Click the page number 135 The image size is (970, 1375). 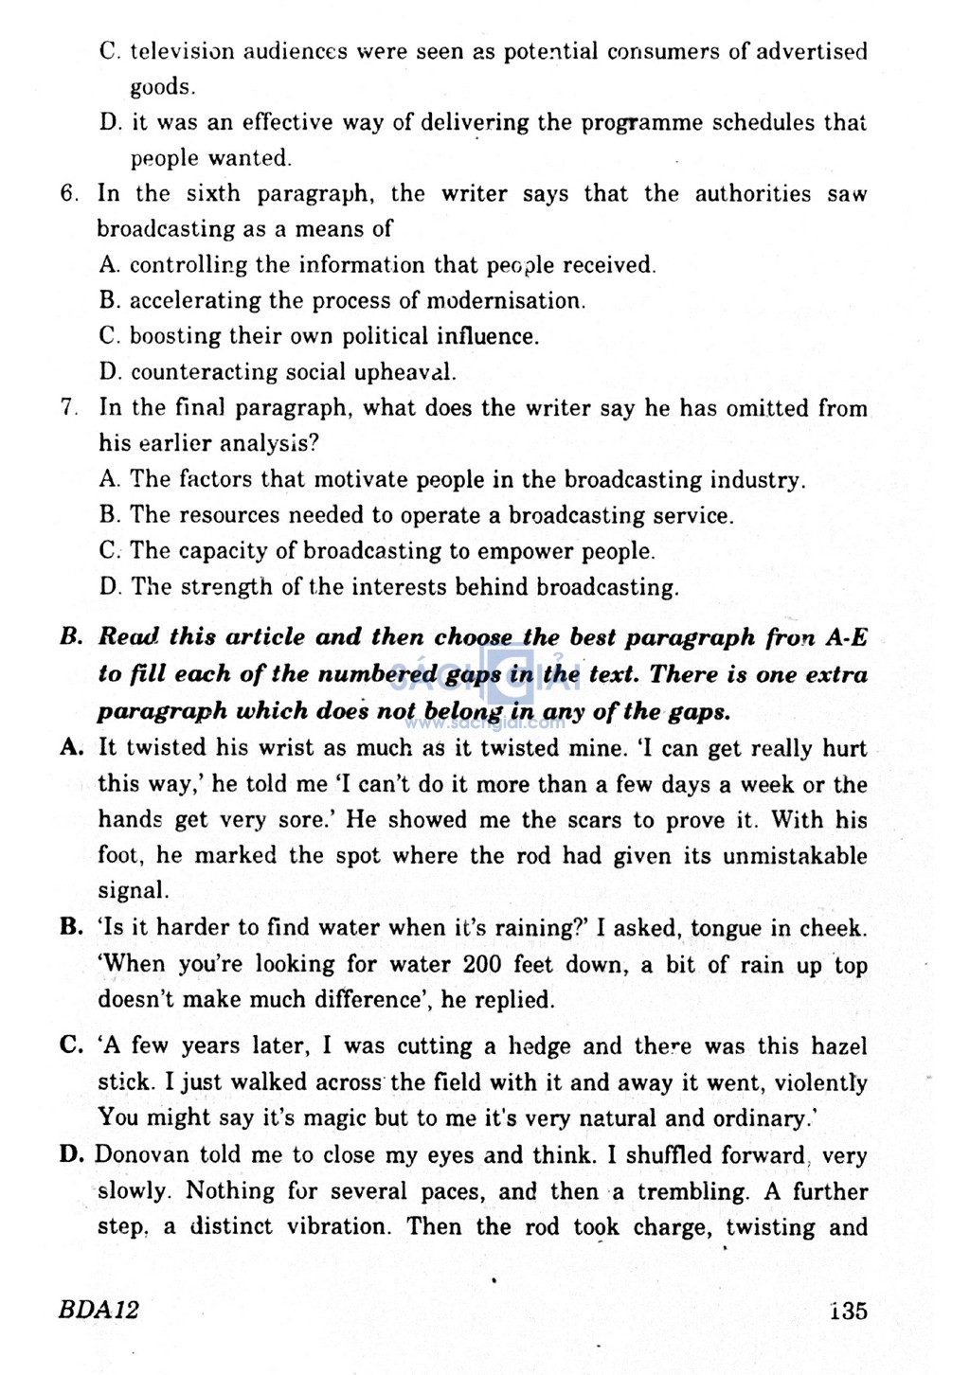tap(847, 1311)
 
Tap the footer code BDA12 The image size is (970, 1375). tap(99, 1310)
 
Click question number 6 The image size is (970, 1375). tap(68, 194)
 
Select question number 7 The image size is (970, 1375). tap(68, 408)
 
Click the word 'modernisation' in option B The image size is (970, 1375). tap(505, 301)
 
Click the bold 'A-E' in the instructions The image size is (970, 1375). tap(845, 637)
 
